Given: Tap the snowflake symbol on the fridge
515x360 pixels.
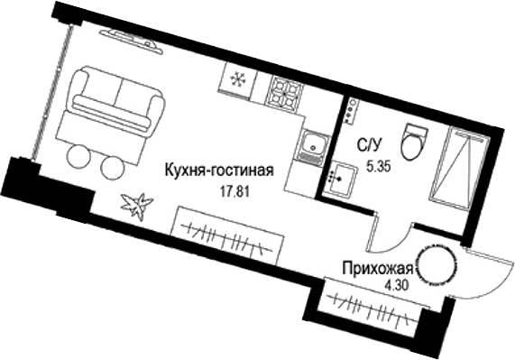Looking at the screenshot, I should point(239,79).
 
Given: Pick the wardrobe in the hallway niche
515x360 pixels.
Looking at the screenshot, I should point(371,307).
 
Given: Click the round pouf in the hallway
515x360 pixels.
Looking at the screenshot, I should point(442,265).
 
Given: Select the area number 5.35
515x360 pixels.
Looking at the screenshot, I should point(375,165).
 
